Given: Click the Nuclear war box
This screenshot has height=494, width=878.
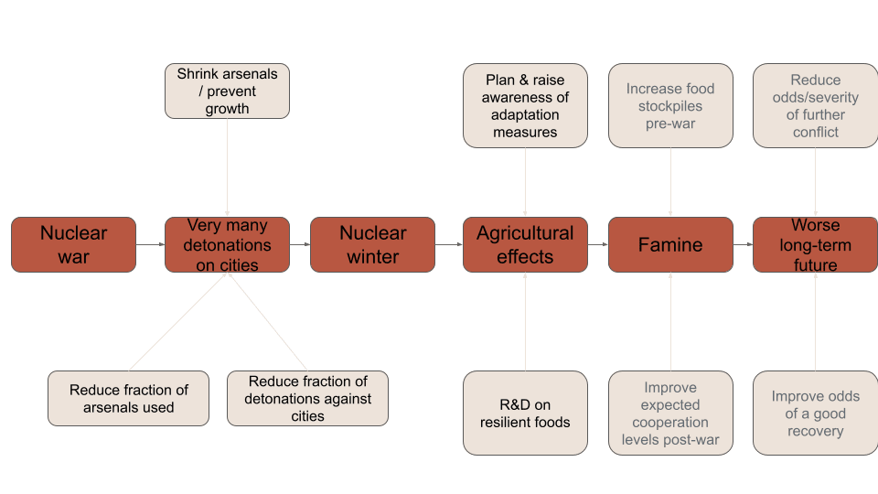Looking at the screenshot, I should pyautogui.click(x=73, y=244).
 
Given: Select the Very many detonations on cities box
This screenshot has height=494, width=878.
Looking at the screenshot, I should pyautogui.click(x=227, y=244).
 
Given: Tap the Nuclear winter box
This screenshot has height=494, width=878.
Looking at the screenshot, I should pyautogui.click(x=372, y=244).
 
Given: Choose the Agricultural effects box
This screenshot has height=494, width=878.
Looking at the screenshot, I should pyautogui.click(x=525, y=244).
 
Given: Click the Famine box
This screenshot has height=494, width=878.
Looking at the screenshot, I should pyautogui.click(x=670, y=244).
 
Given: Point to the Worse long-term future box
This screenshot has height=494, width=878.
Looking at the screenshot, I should pyautogui.click(x=815, y=244).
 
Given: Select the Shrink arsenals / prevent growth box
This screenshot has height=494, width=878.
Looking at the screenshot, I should pyautogui.click(x=227, y=91).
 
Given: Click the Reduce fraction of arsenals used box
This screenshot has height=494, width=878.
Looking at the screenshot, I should pyautogui.click(x=128, y=398).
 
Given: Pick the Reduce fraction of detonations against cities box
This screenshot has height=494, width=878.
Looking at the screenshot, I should pyautogui.click(x=307, y=398).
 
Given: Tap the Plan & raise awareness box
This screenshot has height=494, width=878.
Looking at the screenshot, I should pyautogui.click(x=525, y=105).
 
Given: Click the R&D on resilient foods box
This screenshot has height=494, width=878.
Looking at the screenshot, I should pyautogui.click(x=525, y=413).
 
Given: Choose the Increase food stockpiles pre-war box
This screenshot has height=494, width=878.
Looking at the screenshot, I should pyautogui.click(x=670, y=105).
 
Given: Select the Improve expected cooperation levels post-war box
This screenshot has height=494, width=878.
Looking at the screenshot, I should pyautogui.click(x=670, y=413).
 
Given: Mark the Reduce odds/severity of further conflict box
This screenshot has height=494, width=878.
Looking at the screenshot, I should pyautogui.click(x=815, y=105).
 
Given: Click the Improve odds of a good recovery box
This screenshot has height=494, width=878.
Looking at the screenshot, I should pyautogui.click(x=815, y=413).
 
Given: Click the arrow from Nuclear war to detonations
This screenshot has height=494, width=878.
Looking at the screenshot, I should pyautogui.click(x=150, y=244).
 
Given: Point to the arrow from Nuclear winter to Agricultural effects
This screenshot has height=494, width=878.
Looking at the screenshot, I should pyautogui.click(x=448, y=244).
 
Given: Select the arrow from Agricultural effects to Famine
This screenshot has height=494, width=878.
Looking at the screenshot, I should pyautogui.click(x=597, y=244).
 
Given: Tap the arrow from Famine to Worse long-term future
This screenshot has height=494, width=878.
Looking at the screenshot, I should pyautogui.click(x=743, y=244).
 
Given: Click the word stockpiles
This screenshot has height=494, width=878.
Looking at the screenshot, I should pyautogui.click(x=670, y=106).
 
